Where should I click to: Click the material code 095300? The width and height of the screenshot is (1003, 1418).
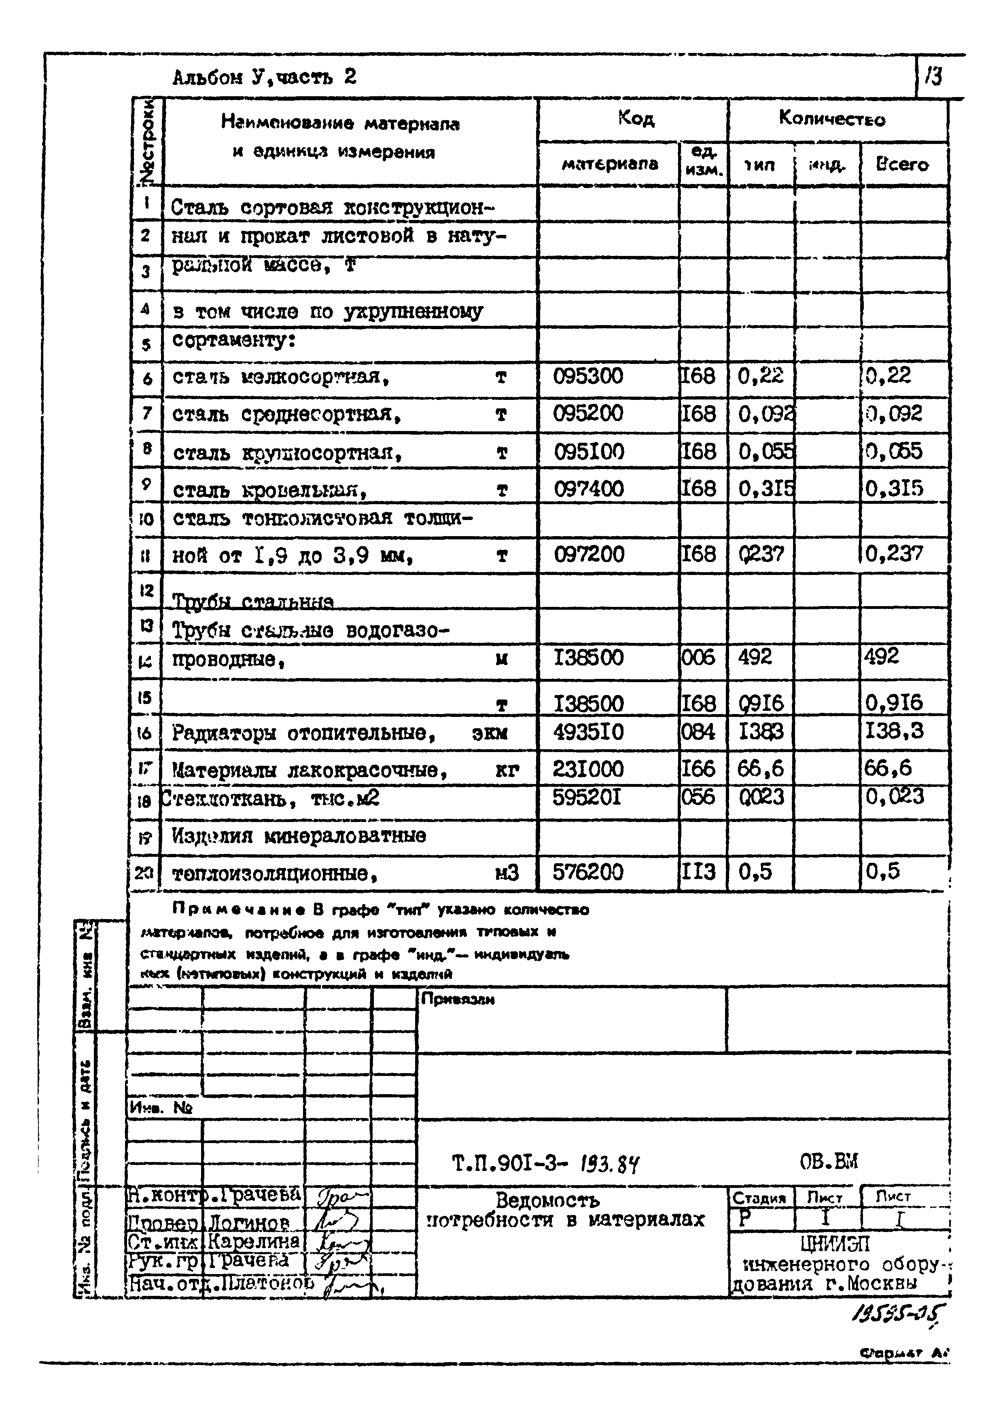(x=588, y=376)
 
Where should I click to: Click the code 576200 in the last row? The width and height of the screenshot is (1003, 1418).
(x=588, y=872)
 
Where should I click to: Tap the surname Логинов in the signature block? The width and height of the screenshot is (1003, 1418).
(x=250, y=1222)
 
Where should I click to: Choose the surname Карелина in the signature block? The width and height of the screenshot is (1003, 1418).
(x=253, y=1241)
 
